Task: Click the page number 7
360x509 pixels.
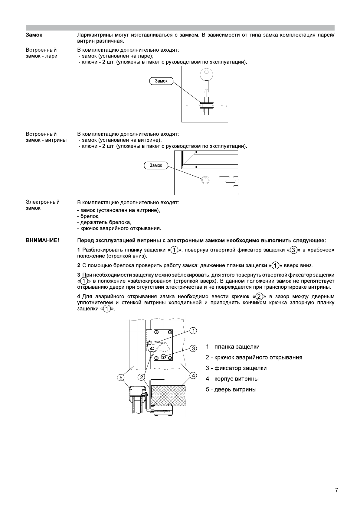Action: point(336,490)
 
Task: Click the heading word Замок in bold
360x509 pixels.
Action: point(34,35)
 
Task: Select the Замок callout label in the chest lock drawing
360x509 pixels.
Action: point(161,81)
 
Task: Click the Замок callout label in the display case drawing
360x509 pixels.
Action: point(156,165)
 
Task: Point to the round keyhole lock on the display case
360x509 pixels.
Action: point(205,180)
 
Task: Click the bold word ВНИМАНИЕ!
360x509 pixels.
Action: point(42,241)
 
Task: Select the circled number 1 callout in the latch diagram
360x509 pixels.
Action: point(194,330)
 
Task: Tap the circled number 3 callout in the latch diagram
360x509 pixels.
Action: point(194,349)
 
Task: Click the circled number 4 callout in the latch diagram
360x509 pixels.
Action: point(193,376)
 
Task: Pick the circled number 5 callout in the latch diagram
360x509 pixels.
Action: point(121,377)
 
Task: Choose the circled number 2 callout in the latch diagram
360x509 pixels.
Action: point(141,377)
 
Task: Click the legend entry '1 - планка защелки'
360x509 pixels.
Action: point(233,347)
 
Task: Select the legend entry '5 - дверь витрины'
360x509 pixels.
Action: point(231,390)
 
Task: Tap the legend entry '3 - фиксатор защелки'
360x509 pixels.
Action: point(236,368)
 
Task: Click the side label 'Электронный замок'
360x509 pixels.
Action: point(42,205)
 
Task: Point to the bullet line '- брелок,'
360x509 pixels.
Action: point(88,216)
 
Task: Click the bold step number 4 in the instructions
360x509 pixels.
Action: point(79,297)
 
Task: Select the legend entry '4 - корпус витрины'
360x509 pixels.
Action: point(232,379)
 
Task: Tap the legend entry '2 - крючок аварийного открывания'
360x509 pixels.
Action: point(254,358)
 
